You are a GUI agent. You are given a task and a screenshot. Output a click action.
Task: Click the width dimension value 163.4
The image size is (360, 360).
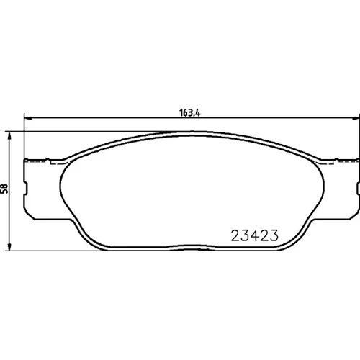tap(190, 113)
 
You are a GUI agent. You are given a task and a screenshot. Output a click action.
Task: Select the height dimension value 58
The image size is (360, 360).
tap(5, 189)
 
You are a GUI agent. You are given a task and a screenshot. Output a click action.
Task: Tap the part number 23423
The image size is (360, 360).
tap(255, 235)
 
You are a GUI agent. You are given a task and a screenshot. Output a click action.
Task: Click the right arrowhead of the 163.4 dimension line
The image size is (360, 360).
tap(355, 118)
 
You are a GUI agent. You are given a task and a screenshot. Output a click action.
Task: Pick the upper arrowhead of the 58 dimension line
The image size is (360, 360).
tap(9, 135)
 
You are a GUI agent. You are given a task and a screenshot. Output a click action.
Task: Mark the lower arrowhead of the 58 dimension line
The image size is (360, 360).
tap(9, 247)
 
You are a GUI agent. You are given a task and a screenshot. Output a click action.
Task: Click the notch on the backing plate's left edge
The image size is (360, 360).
tap(26, 188)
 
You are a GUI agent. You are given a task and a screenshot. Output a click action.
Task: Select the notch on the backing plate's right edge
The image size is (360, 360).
tap(358, 188)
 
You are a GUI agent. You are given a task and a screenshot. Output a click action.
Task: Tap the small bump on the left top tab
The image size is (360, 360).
tap(48, 159)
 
